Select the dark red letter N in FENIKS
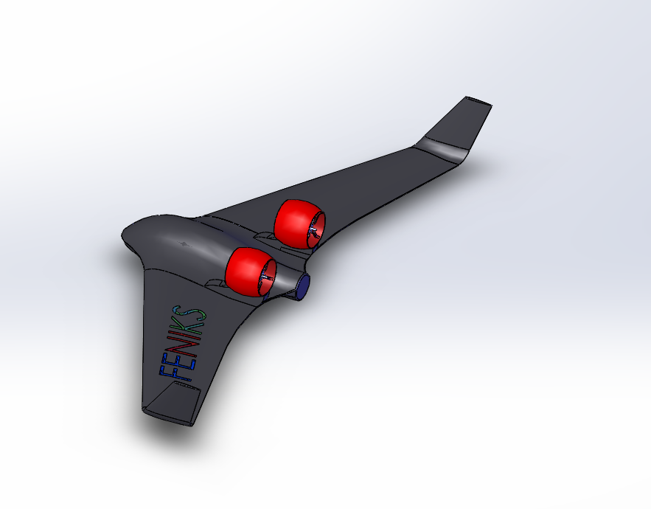(x=182, y=344)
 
